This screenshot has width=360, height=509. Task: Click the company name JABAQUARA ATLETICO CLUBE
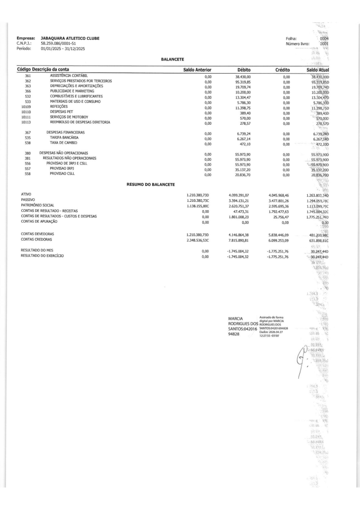click(66, 38)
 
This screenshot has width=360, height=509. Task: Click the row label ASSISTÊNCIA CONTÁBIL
click(76, 75)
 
